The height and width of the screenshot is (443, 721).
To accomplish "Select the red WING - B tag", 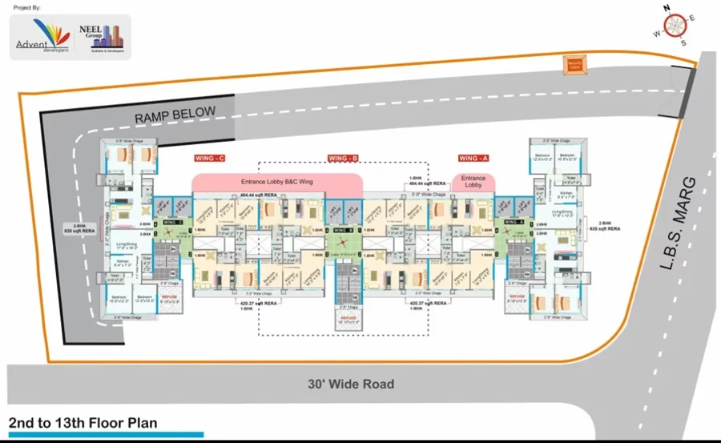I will tap(342, 159).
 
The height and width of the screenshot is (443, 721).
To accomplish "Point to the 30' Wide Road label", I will tap(352, 384).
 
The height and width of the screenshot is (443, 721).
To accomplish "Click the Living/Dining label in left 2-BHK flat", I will tap(126, 245).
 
